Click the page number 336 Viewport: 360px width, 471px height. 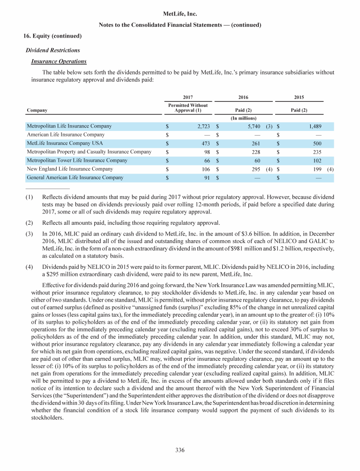coord(180,450)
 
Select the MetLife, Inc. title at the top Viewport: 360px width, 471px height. coord(180,14)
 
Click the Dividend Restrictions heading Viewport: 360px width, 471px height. coord(53,50)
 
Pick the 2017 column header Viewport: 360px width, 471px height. coord(187,97)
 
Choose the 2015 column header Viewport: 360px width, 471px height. coord(299,97)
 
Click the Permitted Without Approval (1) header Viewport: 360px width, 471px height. coord(187,108)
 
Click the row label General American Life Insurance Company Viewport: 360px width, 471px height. coord(75,177)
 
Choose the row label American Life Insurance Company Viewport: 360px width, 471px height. coord(66,135)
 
